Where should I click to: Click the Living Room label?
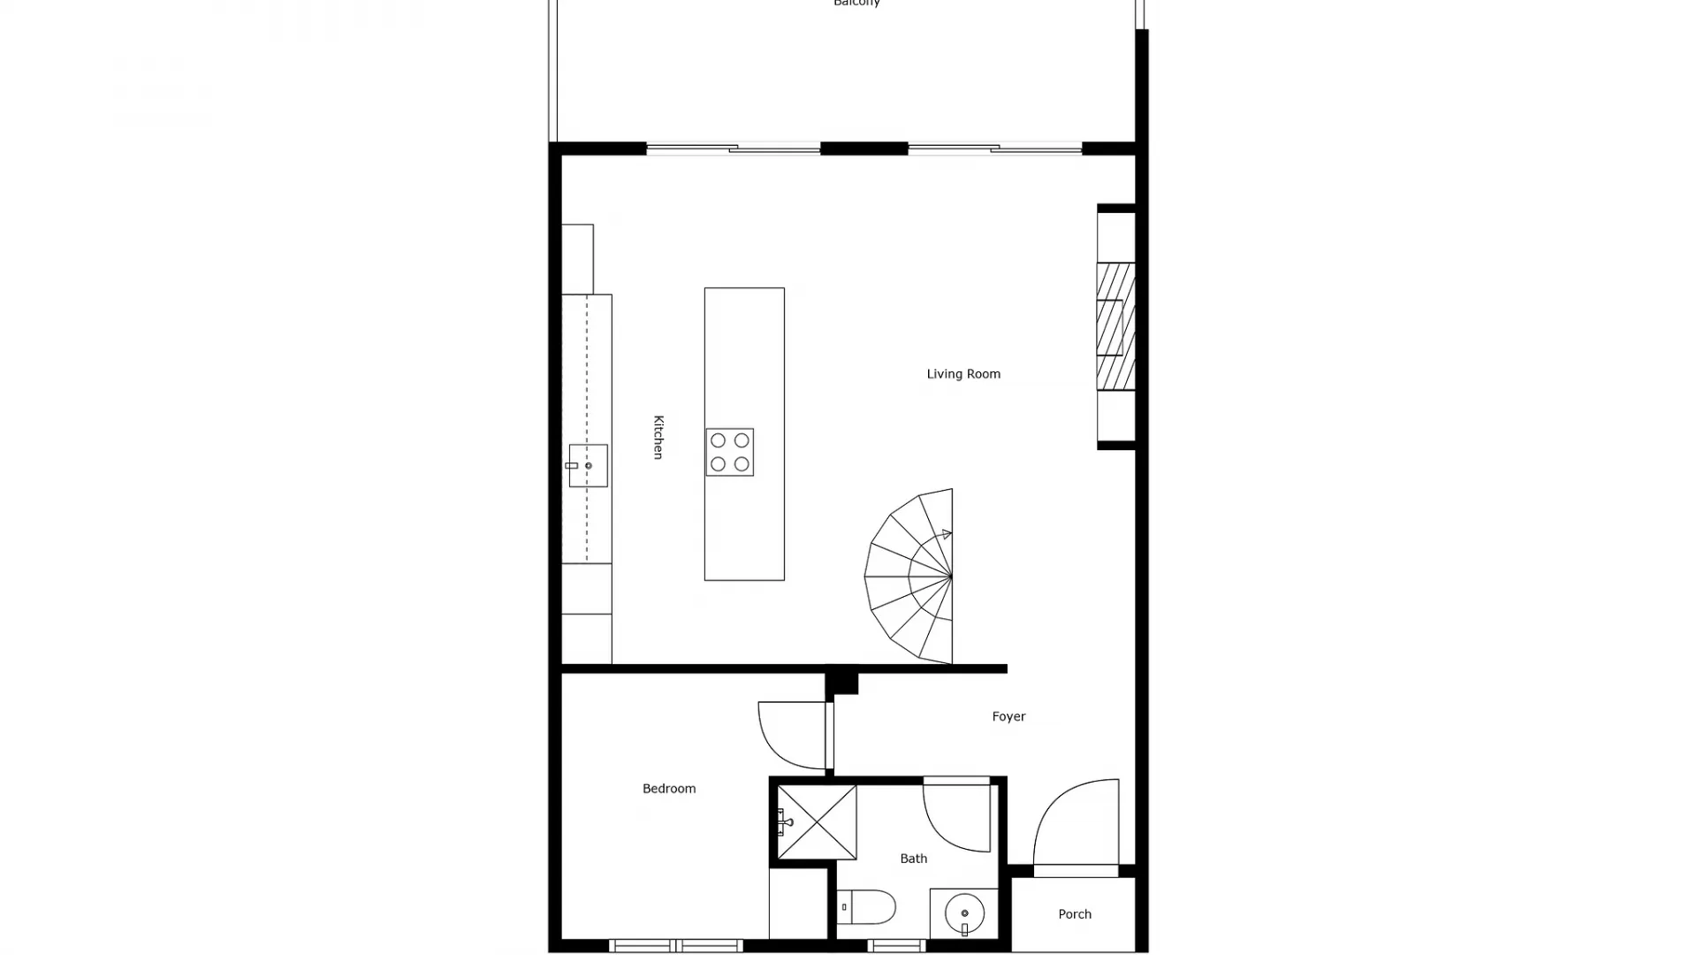point(963,374)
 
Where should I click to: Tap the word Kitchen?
point(658,437)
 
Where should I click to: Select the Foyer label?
point(1008,716)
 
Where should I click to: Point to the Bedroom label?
point(669,789)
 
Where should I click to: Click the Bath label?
point(914,859)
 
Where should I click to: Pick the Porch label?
point(1075,914)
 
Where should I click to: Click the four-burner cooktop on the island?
point(729,452)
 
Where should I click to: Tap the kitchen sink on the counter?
point(588,465)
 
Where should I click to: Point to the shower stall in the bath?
point(817,822)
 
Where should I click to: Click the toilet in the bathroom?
point(867,907)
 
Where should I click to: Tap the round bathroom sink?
point(964,913)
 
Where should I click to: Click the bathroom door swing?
point(956,815)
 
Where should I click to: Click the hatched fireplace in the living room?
point(1115,326)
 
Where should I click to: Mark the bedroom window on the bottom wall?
point(675,946)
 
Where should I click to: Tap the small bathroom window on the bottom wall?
point(896,946)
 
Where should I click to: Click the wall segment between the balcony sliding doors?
point(864,149)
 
